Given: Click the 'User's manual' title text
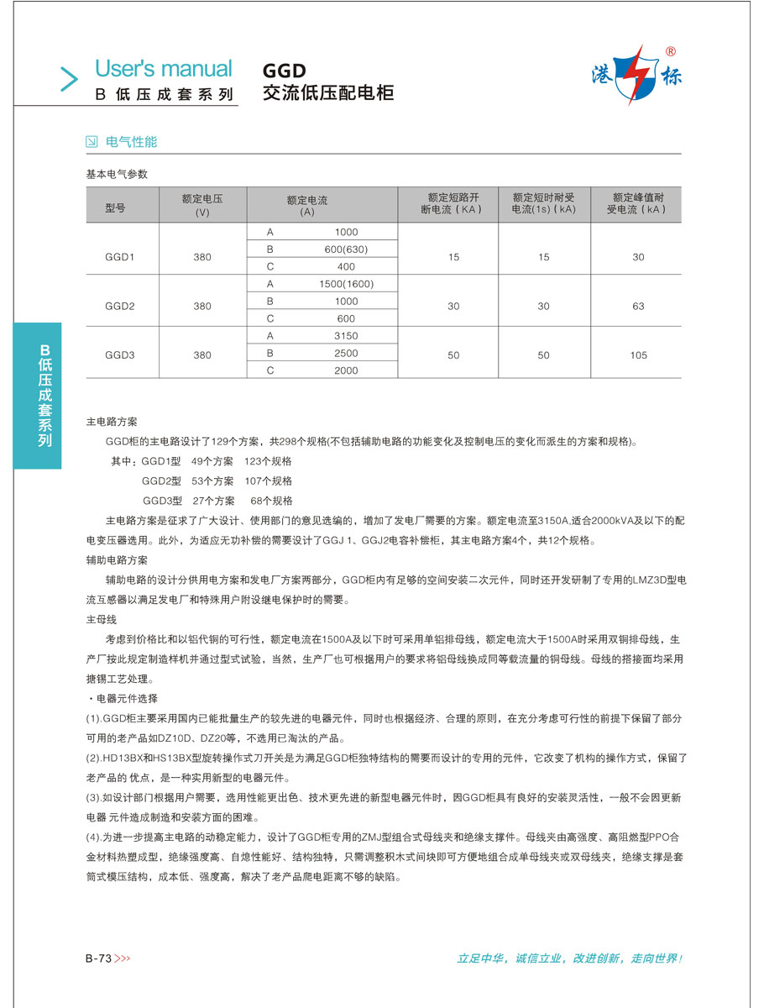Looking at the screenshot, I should (163, 69).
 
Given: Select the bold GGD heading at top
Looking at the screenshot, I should (285, 71).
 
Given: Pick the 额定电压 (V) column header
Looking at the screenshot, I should (202, 206).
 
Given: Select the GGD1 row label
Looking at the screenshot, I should (120, 257).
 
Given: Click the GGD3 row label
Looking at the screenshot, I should (120, 355).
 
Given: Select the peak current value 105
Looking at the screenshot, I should (638, 355).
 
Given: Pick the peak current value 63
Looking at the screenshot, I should (638, 307).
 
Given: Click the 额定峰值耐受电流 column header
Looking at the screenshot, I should (638, 204).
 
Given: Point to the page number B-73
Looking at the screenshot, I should (99, 958).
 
